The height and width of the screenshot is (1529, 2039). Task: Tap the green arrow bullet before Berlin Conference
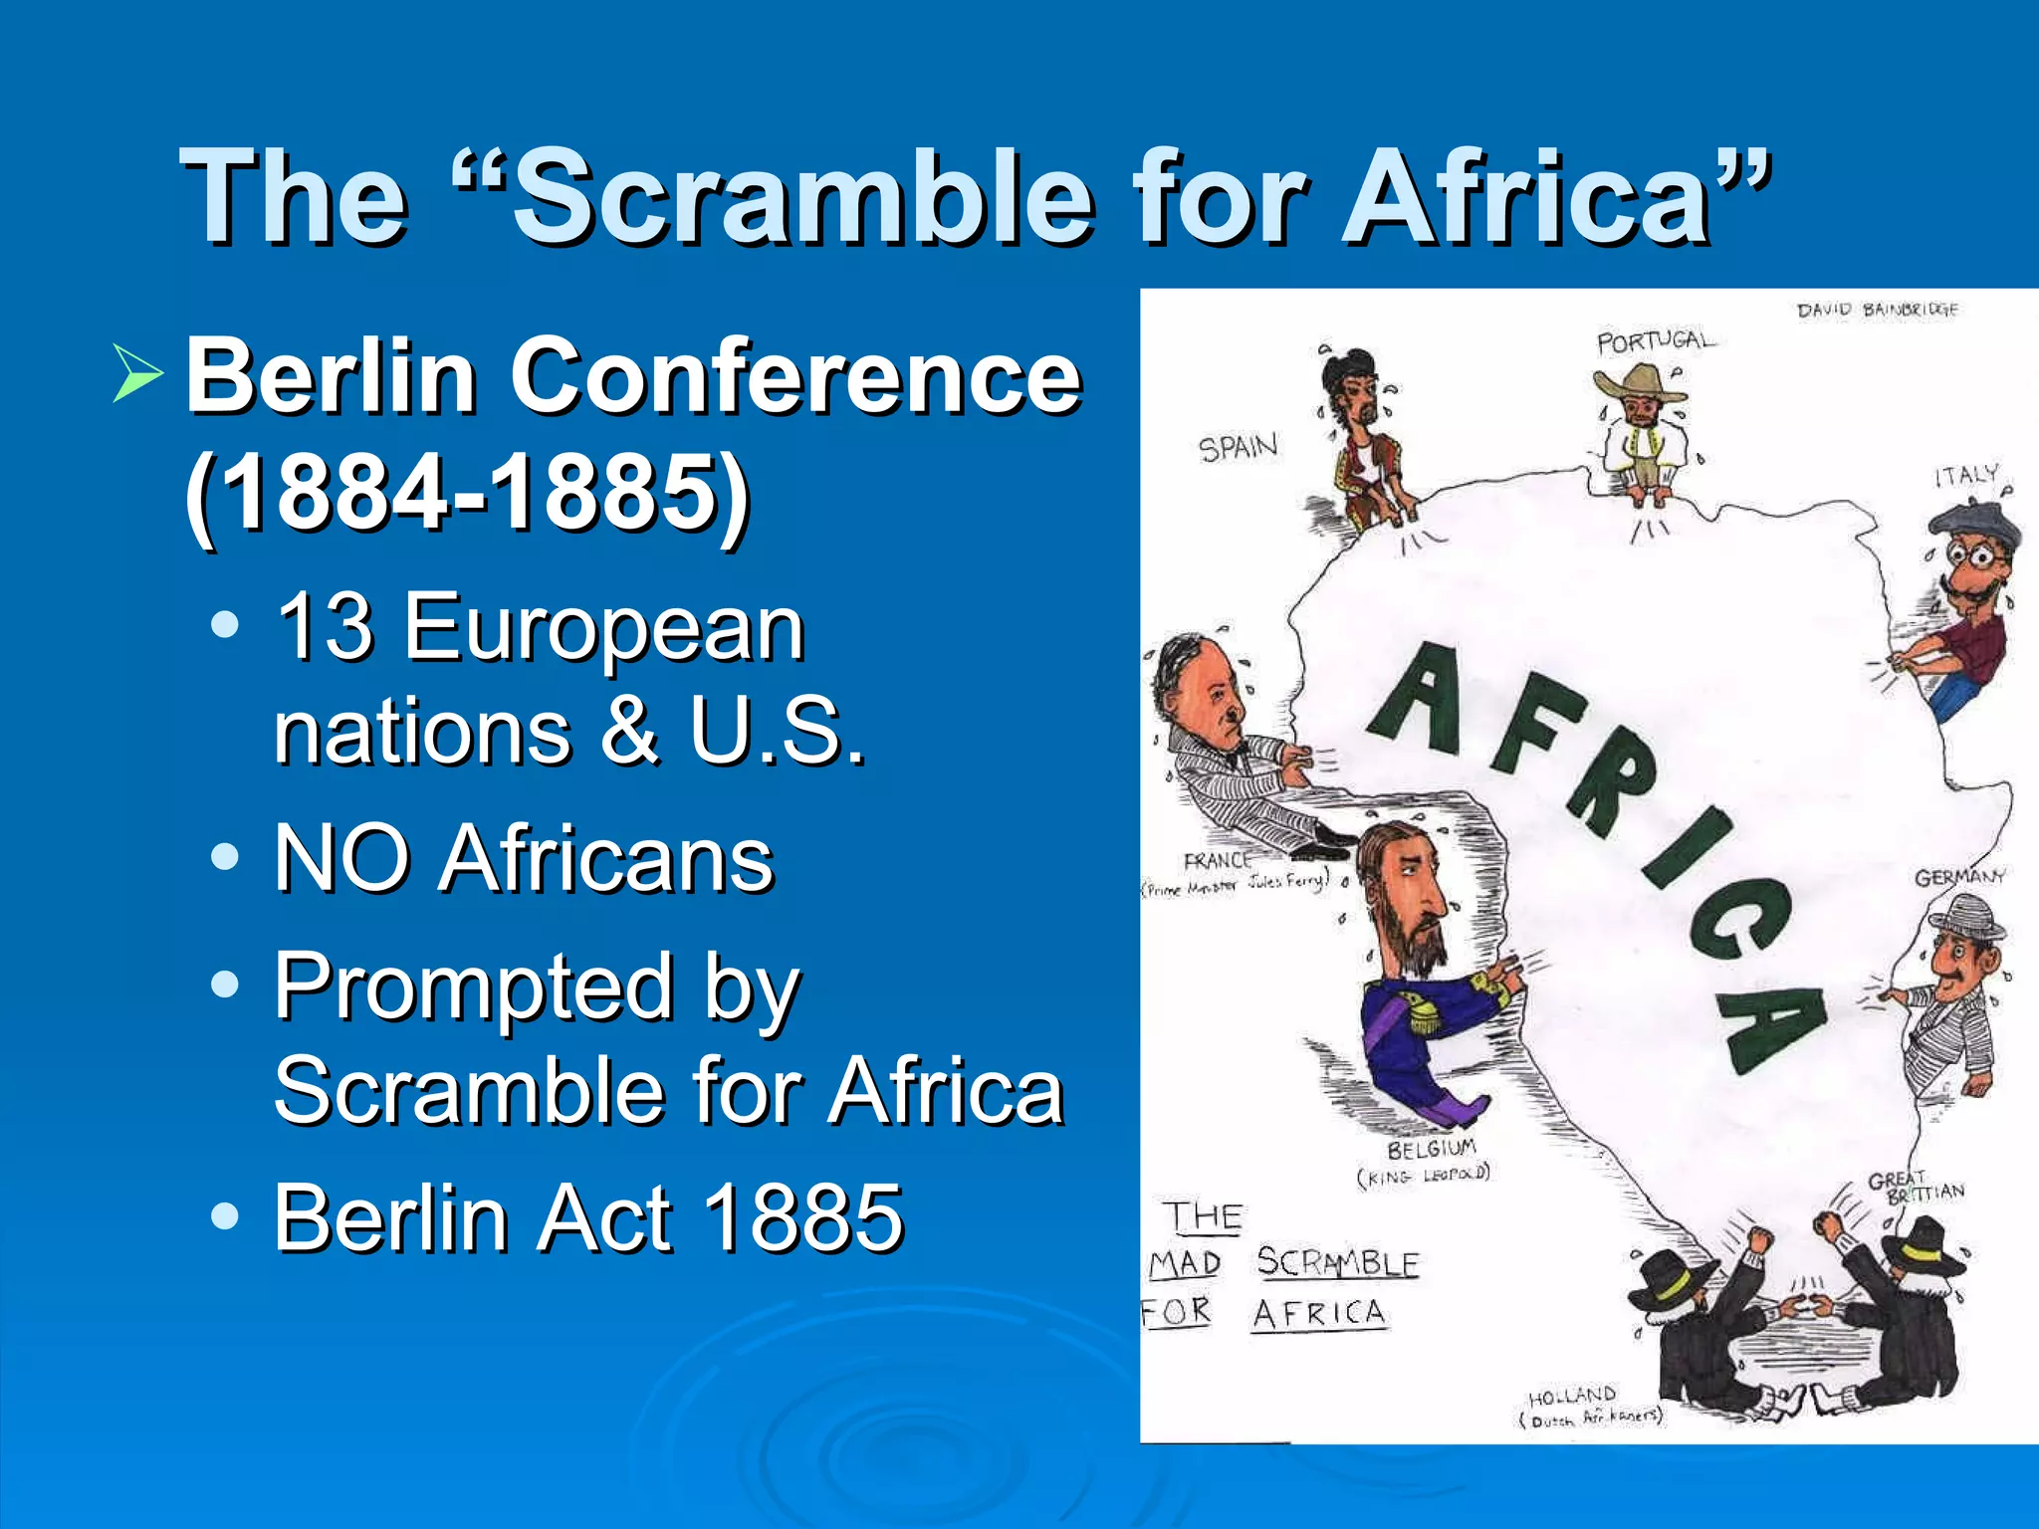138,373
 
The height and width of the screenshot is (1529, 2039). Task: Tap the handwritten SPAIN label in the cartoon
1238,447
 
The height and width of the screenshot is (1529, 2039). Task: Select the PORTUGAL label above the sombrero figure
1656,340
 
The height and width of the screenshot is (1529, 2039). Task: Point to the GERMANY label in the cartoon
1959,877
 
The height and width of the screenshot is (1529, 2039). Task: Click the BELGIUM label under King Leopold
1431,1150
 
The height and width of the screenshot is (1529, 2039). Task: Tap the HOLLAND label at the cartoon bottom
1572,1396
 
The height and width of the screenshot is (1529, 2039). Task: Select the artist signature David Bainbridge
1877,310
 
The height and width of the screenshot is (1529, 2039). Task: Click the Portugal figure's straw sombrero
1640,381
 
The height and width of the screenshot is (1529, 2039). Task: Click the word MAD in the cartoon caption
1185,1264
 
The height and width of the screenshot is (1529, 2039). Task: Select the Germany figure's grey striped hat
1966,916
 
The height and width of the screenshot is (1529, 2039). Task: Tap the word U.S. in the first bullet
777,732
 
